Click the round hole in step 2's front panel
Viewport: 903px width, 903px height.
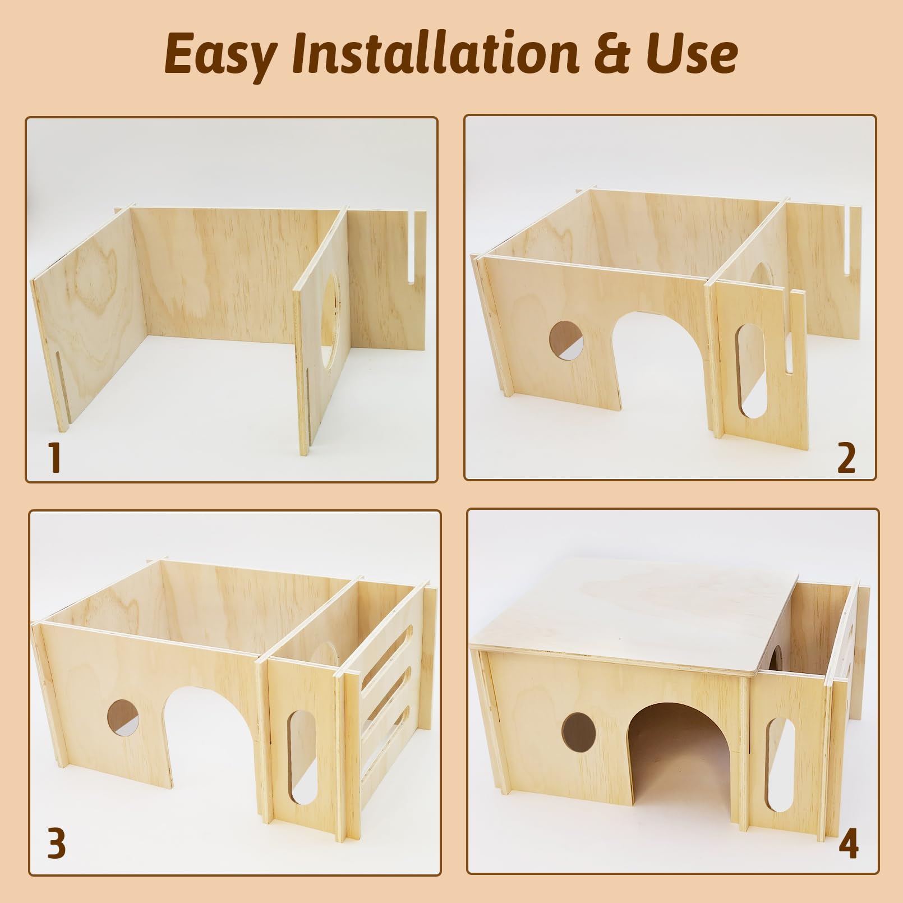tap(566, 340)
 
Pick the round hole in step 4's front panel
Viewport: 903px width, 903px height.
tap(579, 733)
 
